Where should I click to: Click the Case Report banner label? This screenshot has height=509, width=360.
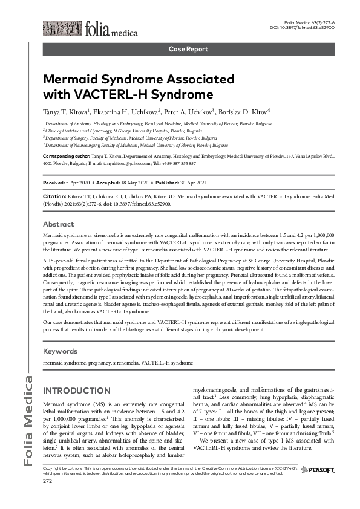[x=188, y=49]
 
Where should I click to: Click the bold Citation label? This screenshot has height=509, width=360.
[x=56, y=196]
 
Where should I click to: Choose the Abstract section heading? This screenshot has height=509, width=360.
[x=59, y=224]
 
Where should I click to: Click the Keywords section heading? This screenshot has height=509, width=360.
[x=61, y=351]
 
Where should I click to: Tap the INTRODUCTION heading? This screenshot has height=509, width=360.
[x=77, y=391]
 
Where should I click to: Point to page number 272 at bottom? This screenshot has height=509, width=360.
[x=48, y=498]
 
